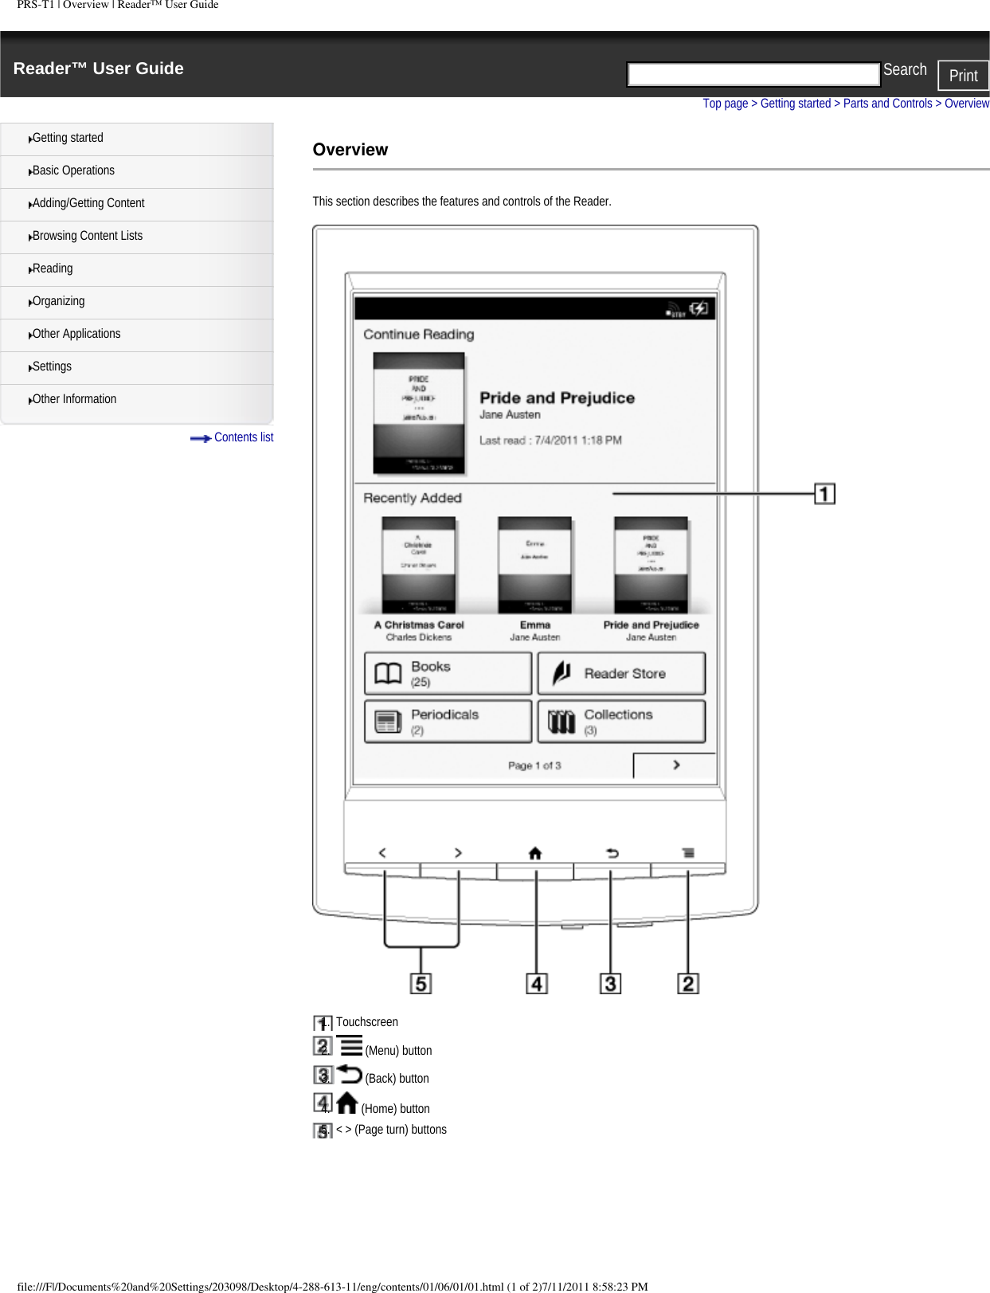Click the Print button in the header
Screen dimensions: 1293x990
click(x=963, y=76)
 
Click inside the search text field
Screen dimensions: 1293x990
click(x=753, y=74)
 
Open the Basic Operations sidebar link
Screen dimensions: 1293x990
click(x=73, y=170)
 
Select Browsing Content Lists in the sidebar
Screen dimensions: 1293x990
click(x=88, y=236)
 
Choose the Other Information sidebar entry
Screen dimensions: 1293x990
click(x=74, y=399)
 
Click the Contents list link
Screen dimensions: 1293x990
click(x=243, y=437)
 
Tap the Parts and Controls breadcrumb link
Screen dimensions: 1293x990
click(x=887, y=104)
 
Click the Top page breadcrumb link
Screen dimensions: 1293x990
click(x=725, y=104)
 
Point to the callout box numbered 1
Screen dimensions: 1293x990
click(x=824, y=494)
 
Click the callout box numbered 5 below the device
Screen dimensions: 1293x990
click(x=421, y=984)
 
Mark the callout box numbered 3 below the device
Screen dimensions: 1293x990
click(x=610, y=984)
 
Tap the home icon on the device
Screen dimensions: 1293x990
click(x=535, y=853)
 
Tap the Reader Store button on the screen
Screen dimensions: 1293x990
click(x=621, y=674)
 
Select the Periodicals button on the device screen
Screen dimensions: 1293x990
click(x=448, y=721)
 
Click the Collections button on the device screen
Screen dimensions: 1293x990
click(x=621, y=721)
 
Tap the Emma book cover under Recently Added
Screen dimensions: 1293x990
click(x=534, y=565)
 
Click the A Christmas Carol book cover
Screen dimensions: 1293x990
click(x=418, y=565)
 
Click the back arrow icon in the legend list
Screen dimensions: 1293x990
click(x=349, y=1074)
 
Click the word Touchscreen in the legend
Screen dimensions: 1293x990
click(x=366, y=1022)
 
